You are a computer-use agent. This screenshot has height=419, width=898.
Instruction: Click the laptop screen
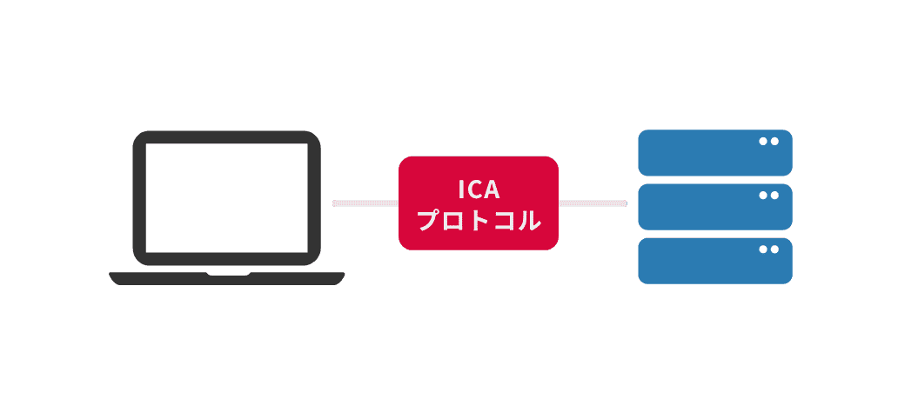[226, 197]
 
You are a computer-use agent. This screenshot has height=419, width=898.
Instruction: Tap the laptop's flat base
[226, 278]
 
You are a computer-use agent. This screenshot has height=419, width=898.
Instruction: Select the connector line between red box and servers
[592, 203]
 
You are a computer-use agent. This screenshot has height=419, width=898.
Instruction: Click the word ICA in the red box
[478, 189]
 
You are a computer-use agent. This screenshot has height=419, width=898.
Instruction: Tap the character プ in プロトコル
[429, 220]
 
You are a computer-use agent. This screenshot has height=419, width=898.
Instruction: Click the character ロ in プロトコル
[454, 221]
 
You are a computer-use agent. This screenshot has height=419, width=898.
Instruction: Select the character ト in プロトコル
[478, 220]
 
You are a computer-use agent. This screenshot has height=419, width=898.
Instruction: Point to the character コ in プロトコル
[502, 221]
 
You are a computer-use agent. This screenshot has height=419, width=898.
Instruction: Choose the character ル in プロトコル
[527, 220]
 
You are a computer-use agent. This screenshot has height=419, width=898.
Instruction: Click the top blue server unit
[714, 153]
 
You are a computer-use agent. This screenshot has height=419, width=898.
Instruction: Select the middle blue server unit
[714, 207]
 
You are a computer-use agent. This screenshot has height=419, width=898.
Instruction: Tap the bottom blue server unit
[714, 261]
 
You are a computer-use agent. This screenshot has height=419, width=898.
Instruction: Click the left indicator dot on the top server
[763, 141]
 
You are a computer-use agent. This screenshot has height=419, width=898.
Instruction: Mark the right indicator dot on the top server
[774, 141]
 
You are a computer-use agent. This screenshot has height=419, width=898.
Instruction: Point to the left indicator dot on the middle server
[763, 196]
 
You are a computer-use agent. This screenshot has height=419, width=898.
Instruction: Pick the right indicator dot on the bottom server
[774, 249]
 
